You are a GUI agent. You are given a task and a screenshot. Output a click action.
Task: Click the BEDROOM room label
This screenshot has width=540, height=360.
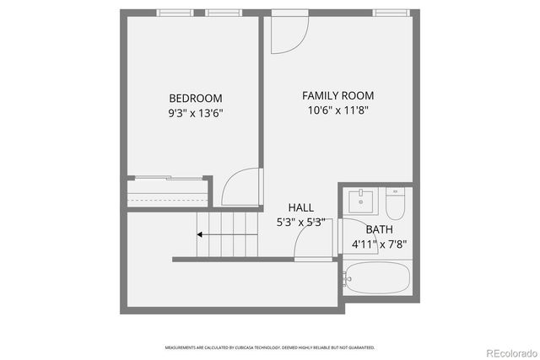[195, 98]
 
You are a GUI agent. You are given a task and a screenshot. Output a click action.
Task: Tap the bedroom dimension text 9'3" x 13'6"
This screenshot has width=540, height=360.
[195, 112]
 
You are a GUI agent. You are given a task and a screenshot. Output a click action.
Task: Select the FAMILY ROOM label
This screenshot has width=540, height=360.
[337, 95]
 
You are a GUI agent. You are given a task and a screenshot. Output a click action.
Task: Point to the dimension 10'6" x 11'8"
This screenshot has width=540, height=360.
[337, 110]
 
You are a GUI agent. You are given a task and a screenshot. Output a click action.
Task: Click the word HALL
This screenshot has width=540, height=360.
[300, 207]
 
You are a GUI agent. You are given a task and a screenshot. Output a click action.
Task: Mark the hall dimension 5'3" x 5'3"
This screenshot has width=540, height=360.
[300, 223]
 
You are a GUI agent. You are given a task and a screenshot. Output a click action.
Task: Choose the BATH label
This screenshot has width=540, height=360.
[379, 229]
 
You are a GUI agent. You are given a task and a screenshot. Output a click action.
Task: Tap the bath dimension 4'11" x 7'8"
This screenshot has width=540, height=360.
[379, 244]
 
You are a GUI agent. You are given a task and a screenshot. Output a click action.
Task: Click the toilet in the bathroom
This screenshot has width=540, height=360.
[396, 203]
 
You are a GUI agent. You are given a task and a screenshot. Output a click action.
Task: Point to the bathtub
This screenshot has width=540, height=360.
[378, 279]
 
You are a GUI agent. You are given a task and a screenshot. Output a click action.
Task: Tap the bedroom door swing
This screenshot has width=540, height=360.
[241, 187]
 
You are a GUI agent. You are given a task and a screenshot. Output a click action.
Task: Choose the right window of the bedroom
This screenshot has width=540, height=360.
[219, 13]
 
